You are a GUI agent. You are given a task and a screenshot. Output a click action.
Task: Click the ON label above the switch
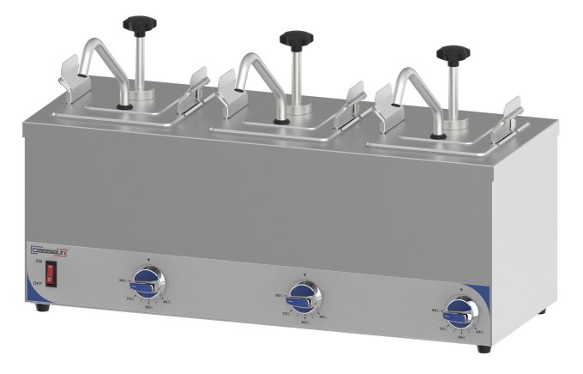pyautogui.click(x=38, y=263)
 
